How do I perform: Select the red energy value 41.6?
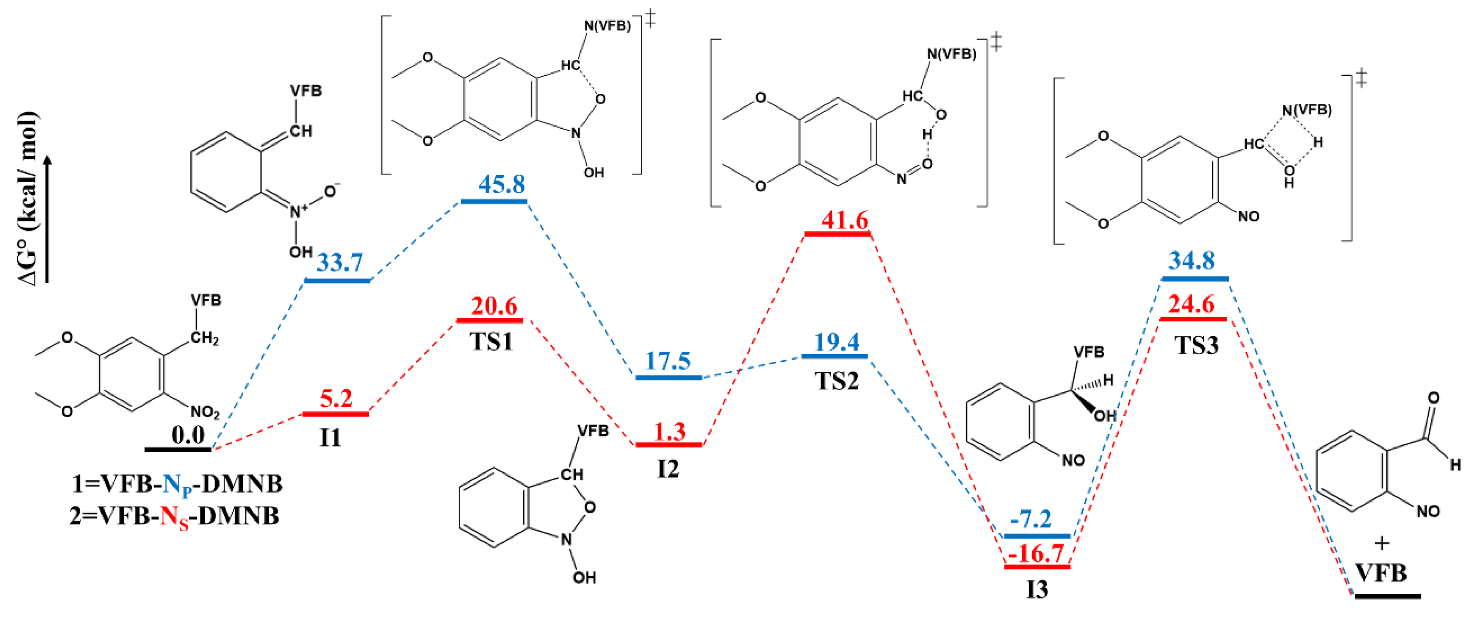pos(844,220)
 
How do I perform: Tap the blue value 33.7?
pos(340,263)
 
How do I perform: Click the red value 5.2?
pos(336,399)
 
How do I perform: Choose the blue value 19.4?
pos(837,342)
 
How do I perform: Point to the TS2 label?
pos(837,381)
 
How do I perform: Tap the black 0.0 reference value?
pos(188,435)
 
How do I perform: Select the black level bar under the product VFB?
pos(1387,596)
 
